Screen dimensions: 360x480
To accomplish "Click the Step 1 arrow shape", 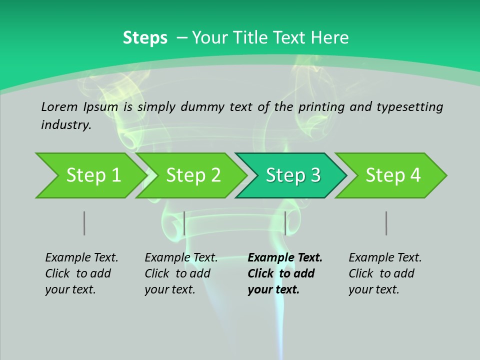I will click(x=90, y=175).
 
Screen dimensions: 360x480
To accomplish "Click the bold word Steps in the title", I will click(x=145, y=38).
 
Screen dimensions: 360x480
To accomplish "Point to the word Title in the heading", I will click(x=248, y=38).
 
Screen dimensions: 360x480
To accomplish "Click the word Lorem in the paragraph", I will click(x=59, y=106).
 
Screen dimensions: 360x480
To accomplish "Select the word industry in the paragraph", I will click(x=65, y=124).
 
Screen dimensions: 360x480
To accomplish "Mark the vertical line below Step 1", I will click(x=84, y=223).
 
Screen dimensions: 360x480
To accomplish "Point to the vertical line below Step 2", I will click(x=184, y=223).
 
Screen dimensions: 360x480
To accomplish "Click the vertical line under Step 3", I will click(x=285, y=223).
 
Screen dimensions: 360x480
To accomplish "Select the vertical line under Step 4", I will click(x=386, y=223).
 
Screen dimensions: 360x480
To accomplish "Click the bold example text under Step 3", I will click(x=285, y=273).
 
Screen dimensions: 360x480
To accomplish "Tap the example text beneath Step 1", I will click(x=81, y=273).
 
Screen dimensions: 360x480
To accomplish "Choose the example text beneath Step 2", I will click(x=181, y=273).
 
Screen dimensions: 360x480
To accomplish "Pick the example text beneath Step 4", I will click(x=385, y=273).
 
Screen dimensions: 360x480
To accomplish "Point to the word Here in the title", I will click(x=329, y=38).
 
